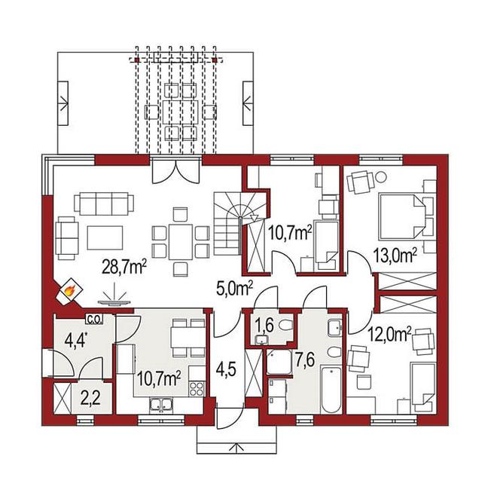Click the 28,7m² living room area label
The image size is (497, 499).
(124, 266)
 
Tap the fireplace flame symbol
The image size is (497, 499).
(69, 290)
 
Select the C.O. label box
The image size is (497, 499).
(94, 319)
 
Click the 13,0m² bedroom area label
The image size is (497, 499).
(395, 256)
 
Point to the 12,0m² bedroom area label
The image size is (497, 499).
(390, 334)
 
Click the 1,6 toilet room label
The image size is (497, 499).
(264, 326)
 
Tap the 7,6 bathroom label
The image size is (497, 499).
(305, 360)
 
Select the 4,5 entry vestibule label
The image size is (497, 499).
(226, 369)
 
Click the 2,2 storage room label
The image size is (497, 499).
(90, 398)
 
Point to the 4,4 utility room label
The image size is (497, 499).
(76, 341)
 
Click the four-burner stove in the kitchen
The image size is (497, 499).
(197, 388)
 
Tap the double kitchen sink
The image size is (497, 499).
(161, 404)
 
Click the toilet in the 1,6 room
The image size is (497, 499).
(285, 325)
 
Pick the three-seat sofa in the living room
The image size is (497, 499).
(104, 204)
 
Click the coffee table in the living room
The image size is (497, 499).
(105, 237)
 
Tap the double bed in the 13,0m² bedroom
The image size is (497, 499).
(401, 216)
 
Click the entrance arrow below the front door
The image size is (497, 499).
(236, 447)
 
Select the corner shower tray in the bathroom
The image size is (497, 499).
(279, 362)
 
